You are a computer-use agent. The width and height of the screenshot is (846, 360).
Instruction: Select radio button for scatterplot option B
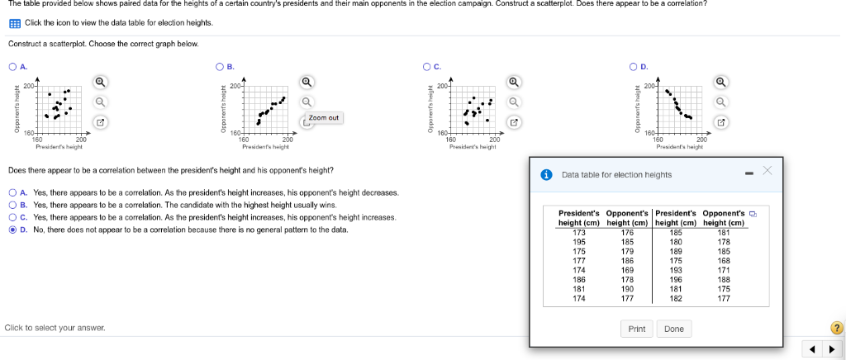pyautogui.click(x=220, y=66)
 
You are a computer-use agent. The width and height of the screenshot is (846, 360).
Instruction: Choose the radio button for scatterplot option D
pyautogui.click(x=633, y=66)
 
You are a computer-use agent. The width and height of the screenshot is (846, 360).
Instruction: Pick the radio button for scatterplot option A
pyautogui.click(x=12, y=66)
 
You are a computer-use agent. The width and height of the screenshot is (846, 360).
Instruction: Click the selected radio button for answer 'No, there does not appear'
pyautogui.click(x=12, y=230)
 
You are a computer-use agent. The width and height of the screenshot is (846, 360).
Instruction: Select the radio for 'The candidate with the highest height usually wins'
pyautogui.click(x=12, y=205)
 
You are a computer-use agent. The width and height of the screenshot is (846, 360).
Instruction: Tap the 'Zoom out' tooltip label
pyautogui.click(x=323, y=118)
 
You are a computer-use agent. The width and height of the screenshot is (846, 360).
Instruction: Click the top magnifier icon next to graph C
pyautogui.click(x=513, y=82)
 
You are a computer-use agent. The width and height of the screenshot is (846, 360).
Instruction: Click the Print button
pyautogui.click(x=636, y=329)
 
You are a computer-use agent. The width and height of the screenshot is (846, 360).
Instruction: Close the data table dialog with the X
pyautogui.click(x=767, y=171)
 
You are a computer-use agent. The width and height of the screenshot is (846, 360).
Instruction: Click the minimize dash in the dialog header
pyautogui.click(x=749, y=173)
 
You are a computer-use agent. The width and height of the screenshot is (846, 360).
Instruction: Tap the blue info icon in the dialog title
pyautogui.click(x=546, y=175)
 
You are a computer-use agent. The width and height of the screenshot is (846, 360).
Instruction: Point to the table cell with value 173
pyautogui.click(x=578, y=233)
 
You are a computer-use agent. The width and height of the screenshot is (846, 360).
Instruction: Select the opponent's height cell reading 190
pyautogui.click(x=626, y=289)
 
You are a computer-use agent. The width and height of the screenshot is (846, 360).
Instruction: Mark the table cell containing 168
pyautogui.click(x=724, y=261)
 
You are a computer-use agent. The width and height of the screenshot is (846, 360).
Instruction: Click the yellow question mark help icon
pyautogui.click(x=835, y=328)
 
